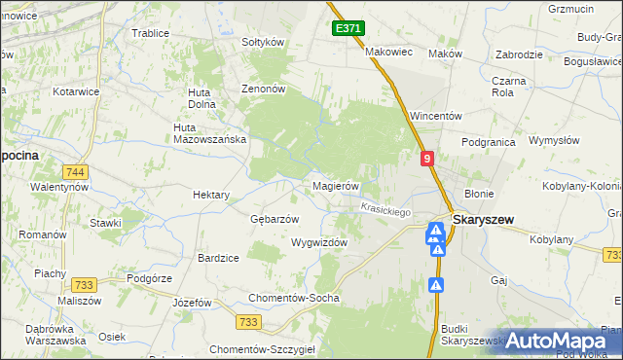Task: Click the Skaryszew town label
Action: click(484, 221)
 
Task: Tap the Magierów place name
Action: click(336, 186)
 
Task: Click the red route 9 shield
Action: click(427, 158)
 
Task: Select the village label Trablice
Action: click(150, 32)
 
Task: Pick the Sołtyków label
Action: click(262, 42)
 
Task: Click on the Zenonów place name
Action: click(263, 88)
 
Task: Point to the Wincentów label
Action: click(434, 115)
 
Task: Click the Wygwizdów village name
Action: click(318, 242)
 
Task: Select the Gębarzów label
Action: click(275, 218)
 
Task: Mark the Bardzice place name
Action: click(218, 258)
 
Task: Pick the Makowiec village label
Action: click(389, 52)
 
